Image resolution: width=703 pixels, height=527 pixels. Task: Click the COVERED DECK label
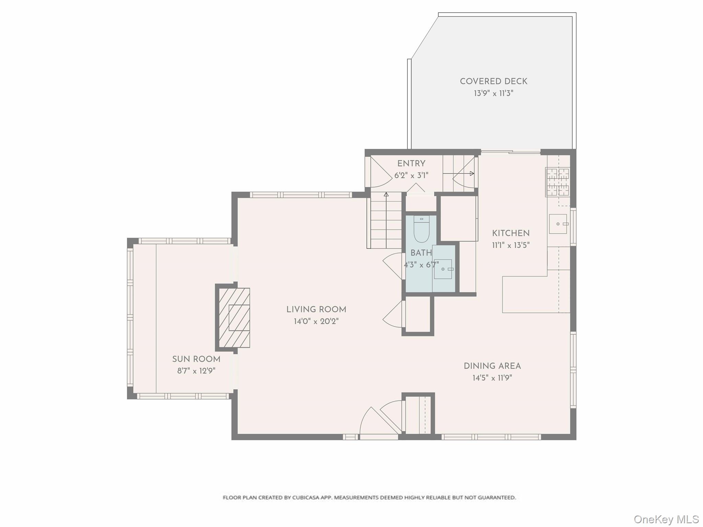pos(493,81)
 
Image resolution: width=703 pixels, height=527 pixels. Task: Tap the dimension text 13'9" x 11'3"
pos(493,93)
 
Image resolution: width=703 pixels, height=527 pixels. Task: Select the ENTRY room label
pos(411,164)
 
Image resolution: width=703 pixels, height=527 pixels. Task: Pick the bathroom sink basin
pos(443,269)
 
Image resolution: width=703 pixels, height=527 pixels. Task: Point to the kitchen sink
pos(558,224)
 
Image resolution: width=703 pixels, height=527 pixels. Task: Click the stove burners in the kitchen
pos(557,182)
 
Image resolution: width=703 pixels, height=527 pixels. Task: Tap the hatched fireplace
pos(234,318)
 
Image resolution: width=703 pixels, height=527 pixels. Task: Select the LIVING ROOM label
pos(316,309)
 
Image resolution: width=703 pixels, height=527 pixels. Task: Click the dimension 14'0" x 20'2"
pos(316,321)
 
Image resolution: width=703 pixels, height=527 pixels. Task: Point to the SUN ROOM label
pos(196,359)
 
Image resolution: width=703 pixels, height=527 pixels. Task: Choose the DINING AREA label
pos(492,366)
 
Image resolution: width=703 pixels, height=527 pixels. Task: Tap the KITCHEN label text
pos(511,233)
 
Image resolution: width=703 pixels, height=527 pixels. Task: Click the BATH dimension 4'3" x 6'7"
pos(421,265)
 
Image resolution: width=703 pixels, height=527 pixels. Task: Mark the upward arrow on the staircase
pos(386,195)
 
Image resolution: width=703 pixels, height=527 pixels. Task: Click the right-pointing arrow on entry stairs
pos(472,174)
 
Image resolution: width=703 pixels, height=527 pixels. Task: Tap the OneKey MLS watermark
pos(666,519)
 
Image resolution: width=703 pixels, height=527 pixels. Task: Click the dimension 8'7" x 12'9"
pos(196,371)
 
